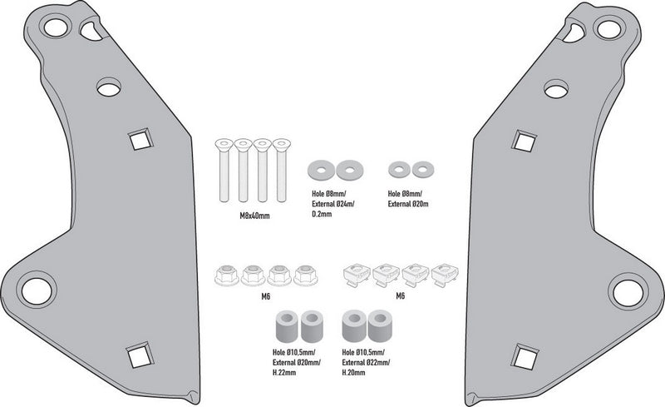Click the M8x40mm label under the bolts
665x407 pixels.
pos(254,216)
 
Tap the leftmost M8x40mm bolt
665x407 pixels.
pos(224,170)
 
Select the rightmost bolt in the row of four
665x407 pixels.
pos(282,170)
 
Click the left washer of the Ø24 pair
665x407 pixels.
pos(321,171)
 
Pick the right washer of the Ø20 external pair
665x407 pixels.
pos(422,170)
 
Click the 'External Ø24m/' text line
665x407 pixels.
pos(333,204)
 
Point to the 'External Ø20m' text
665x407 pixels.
pos(408,204)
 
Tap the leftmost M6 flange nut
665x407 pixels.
pos(227,275)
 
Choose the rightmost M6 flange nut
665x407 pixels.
pos(305,275)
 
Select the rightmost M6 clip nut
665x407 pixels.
pos(445,275)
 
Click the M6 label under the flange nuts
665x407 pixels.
pos(266,296)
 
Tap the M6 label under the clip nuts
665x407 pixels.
pos(401,295)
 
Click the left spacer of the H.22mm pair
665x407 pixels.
pos(287,326)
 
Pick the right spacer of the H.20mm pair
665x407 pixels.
pos(380,326)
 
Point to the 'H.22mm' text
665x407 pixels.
pos(284,373)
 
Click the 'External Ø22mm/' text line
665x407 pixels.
pos(366,362)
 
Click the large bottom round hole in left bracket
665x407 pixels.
pos(37,291)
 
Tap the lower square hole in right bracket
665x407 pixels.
pos(525,356)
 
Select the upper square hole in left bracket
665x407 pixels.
pos(140,139)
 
